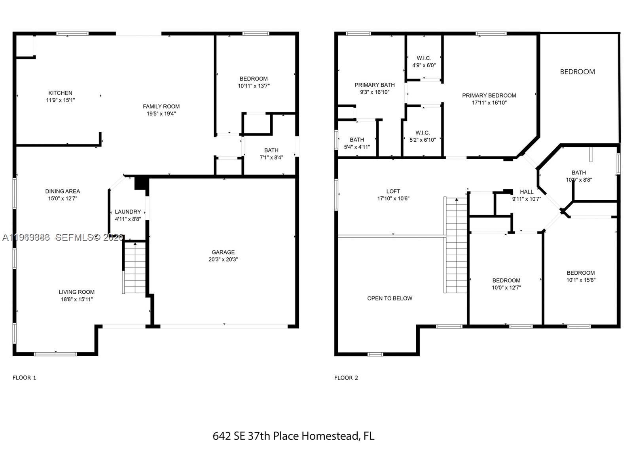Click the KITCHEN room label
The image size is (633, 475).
[60, 93]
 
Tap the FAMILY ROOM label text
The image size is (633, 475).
[161, 106]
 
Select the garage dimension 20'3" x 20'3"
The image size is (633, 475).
[223, 260]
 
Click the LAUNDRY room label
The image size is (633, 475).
[128, 212]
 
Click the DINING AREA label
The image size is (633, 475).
[63, 191]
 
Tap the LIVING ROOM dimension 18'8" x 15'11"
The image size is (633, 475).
[77, 299]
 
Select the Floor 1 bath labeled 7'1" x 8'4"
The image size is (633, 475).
[271, 154]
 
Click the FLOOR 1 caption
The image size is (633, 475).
[24, 378]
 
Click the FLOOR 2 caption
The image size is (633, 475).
[346, 378]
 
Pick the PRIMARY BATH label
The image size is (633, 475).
[374, 85]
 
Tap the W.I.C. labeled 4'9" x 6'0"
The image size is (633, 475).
[424, 62]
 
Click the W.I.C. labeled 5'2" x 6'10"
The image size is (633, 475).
[423, 136]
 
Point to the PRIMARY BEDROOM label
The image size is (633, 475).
[489, 95]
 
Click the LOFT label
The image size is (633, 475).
[393, 191]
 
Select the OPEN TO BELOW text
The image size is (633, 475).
[390, 298]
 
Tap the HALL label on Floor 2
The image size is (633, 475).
[527, 192]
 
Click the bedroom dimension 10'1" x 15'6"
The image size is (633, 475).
[581, 280]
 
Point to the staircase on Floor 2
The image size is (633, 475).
[455, 245]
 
